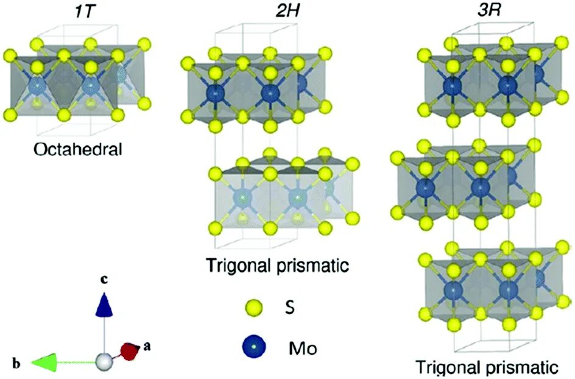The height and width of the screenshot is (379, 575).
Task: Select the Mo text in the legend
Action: pyautogui.click(x=302, y=349)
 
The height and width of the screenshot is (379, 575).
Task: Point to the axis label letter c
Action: pyautogui.click(x=105, y=280)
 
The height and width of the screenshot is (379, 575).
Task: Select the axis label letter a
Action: pyautogui.click(x=147, y=346)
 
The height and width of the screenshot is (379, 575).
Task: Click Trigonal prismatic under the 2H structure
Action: pyautogui.click(x=277, y=266)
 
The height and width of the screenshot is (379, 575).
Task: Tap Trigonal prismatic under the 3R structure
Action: pyautogui.click(x=487, y=367)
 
